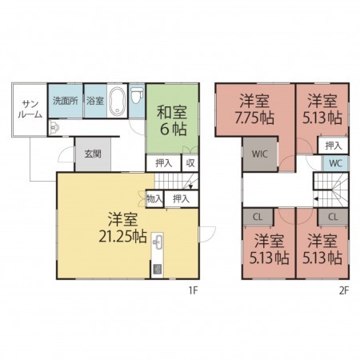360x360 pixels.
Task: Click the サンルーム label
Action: click(31, 110)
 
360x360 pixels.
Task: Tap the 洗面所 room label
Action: click(65, 102)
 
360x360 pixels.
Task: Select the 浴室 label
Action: click(95, 102)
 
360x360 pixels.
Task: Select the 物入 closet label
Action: click(154, 198)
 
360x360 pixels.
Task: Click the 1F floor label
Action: click(193, 291)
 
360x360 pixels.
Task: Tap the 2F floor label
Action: click(342, 291)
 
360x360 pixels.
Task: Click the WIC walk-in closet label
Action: click(259, 154)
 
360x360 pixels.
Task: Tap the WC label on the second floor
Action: click(334, 163)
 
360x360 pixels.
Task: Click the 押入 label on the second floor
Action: click(334, 146)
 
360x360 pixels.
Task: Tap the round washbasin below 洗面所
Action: click(54, 126)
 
